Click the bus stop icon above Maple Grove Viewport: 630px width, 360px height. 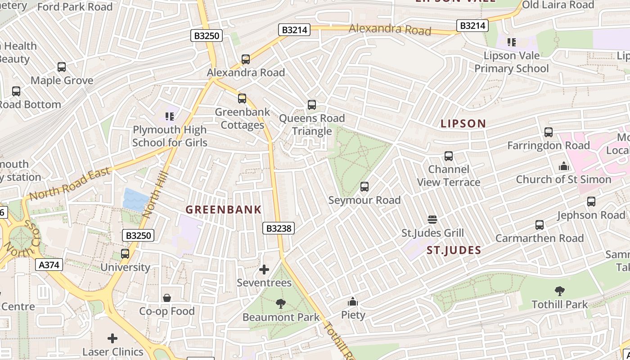(x=62, y=67)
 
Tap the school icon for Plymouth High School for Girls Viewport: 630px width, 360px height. (x=170, y=117)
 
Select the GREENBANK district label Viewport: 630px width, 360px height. (x=224, y=210)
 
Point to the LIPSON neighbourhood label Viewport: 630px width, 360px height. (x=463, y=124)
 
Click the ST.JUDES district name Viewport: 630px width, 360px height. (x=454, y=251)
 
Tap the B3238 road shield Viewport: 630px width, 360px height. (x=279, y=229)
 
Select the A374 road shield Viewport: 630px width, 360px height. (x=49, y=265)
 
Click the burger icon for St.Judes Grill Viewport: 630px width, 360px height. (x=432, y=220)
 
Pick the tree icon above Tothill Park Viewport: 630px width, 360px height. (x=559, y=291)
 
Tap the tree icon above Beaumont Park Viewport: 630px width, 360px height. (x=281, y=304)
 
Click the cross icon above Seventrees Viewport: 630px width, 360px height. (x=264, y=270)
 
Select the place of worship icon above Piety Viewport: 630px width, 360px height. (x=353, y=301)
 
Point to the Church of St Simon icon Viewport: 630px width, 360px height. (x=563, y=166)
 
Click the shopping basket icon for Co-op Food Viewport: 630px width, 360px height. (x=167, y=298)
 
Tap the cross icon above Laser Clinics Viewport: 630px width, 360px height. (x=112, y=338)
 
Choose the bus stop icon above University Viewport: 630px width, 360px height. (x=125, y=254)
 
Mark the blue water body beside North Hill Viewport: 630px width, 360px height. (x=135, y=200)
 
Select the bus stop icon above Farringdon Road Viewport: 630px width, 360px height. (x=548, y=132)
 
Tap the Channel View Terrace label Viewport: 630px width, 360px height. (x=449, y=175)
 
